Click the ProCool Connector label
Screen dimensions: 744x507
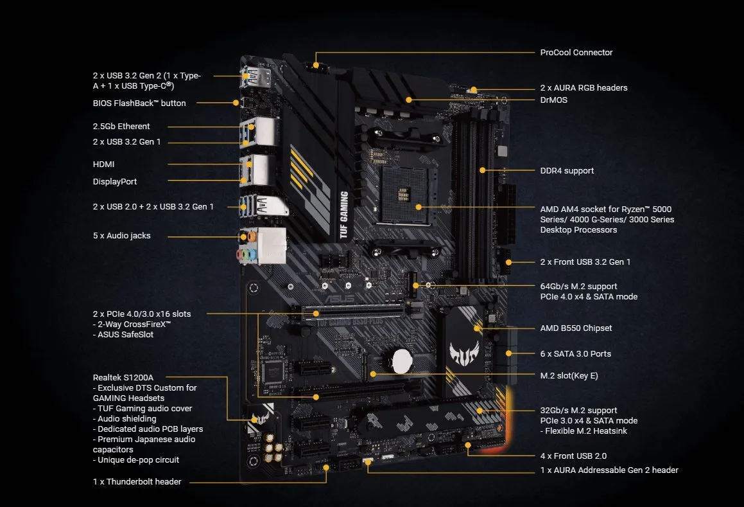click(576, 52)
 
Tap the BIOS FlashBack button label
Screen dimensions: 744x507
click(139, 103)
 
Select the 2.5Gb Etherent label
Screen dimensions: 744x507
click(121, 127)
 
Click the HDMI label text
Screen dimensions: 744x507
click(103, 165)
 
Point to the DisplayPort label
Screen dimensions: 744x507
click(115, 181)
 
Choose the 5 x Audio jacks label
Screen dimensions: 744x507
click(121, 236)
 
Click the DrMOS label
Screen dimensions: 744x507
click(554, 100)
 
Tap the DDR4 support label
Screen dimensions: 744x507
click(567, 170)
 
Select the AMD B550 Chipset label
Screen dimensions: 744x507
click(576, 328)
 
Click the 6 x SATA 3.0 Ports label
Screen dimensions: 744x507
click(576, 353)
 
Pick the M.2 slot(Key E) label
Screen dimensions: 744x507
click(569, 376)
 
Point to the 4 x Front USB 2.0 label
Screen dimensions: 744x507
click(573, 456)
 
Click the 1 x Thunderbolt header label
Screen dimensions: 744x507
click(137, 482)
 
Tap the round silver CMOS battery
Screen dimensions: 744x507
click(402, 362)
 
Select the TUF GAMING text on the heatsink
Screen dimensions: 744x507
click(344, 215)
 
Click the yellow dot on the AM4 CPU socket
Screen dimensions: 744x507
click(419, 207)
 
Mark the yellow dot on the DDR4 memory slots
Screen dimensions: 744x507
click(482, 170)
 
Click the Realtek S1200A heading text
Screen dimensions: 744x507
click(123, 378)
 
